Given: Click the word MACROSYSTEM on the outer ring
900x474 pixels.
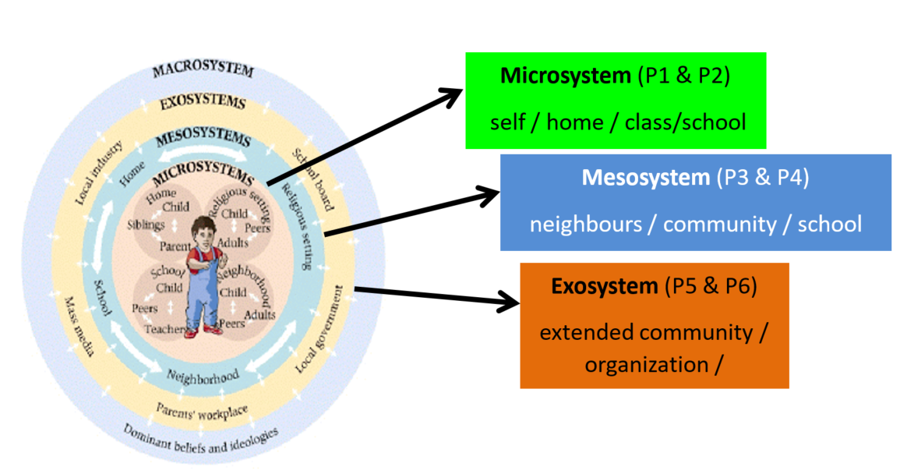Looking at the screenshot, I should (x=203, y=71).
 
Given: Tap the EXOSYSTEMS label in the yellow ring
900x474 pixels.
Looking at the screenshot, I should (x=202, y=103).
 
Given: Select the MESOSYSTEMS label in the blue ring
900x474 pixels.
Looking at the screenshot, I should (x=203, y=140).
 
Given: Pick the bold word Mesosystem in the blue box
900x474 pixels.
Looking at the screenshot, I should (x=646, y=178).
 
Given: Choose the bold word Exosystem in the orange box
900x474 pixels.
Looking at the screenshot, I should (x=605, y=286).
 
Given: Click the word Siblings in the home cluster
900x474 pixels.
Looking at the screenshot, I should (x=146, y=225).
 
